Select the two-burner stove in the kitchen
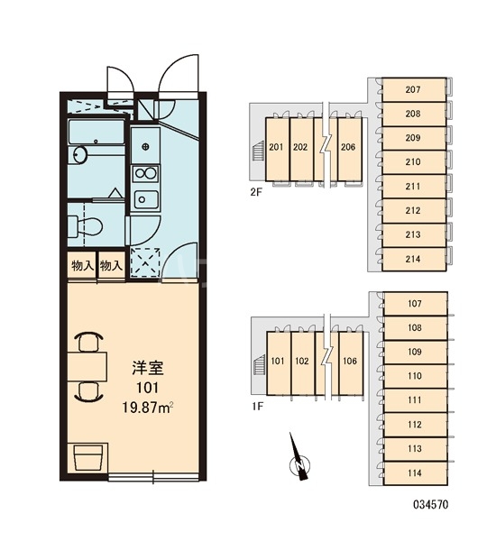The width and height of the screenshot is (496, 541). point(146,173)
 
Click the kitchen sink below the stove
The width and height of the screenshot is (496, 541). point(146,199)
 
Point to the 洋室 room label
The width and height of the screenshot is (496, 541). point(147,368)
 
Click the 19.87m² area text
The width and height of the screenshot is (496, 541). point(147,408)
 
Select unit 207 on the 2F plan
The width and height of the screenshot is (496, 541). point(414,89)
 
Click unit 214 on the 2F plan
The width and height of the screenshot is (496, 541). point(414,259)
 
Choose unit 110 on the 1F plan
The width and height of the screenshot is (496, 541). point(415,376)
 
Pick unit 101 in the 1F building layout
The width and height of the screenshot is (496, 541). point(278,362)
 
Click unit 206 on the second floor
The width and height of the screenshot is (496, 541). point(349,147)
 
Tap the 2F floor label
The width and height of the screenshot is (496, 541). point(256,192)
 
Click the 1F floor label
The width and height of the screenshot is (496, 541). point(257,407)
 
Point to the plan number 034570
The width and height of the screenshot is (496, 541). point(431,504)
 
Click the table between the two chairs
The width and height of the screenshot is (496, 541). point(87,366)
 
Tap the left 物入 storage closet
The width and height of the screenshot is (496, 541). point(82,265)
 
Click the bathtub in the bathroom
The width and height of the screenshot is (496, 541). point(96,132)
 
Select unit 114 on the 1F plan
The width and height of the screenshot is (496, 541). point(415,473)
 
